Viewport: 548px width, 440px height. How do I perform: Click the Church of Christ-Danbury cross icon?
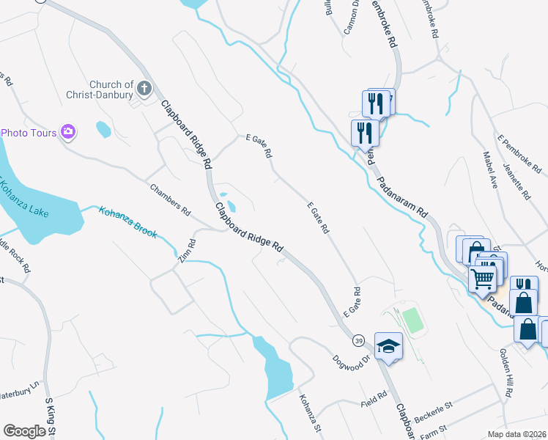[x=144, y=89]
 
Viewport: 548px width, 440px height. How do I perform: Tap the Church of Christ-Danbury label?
[x=111, y=89]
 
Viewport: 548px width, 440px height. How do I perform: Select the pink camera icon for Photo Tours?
[x=68, y=132]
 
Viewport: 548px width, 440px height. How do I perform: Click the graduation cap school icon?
[x=388, y=345]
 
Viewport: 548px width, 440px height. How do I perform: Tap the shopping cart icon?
[x=483, y=279]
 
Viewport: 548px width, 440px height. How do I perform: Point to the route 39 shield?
[x=358, y=340]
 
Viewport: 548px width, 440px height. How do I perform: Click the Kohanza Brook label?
[x=128, y=222]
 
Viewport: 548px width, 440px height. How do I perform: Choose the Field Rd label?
[x=373, y=403]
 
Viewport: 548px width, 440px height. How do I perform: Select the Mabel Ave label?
[x=490, y=170]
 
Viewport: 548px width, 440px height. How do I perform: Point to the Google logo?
[x=24, y=431]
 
